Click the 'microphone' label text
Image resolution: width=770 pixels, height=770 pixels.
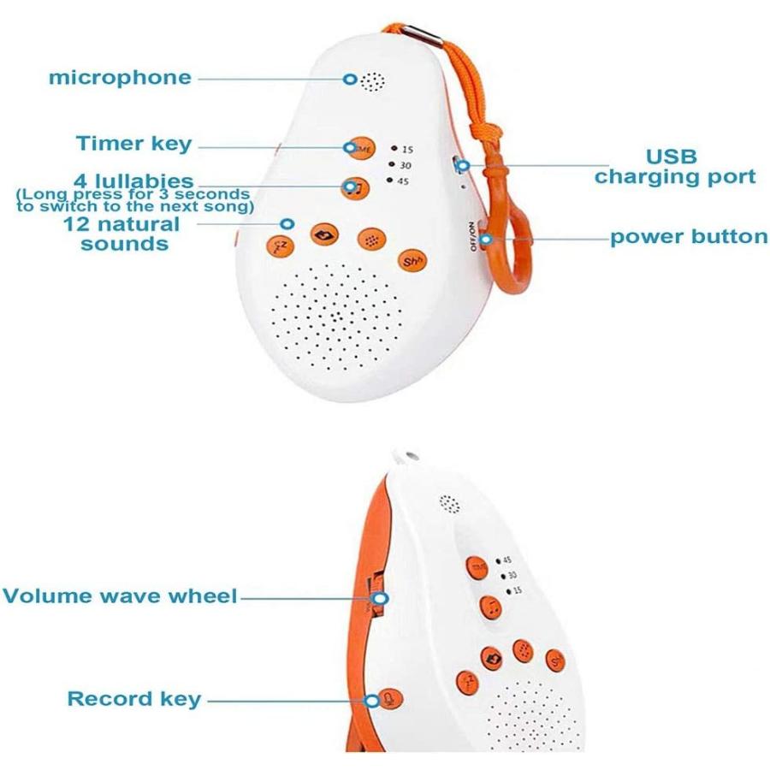click(x=120, y=78)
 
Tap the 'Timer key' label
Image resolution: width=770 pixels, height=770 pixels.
click(x=134, y=143)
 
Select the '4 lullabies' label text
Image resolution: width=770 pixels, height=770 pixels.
click(x=133, y=181)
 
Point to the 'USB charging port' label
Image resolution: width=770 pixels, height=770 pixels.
click(x=675, y=167)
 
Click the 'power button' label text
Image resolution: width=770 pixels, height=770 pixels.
click(x=689, y=237)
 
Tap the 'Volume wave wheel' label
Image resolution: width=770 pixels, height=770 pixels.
click(x=120, y=595)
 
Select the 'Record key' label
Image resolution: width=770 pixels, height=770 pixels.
click(x=134, y=699)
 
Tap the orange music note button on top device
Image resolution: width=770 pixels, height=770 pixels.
click(x=355, y=187)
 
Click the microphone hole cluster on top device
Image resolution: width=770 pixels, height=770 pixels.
click(x=370, y=82)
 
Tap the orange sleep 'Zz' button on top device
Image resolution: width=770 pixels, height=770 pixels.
click(x=278, y=246)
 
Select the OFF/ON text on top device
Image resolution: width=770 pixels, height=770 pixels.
click(x=472, y=234)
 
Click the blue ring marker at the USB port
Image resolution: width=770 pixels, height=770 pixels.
click(x=463, y=164)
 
